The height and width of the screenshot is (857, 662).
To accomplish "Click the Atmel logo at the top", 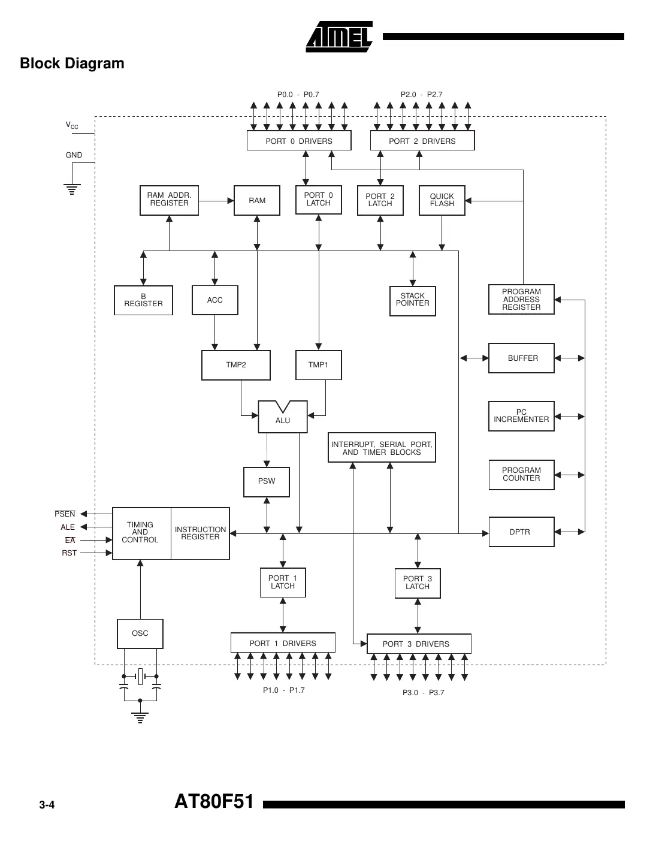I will coord(339,37).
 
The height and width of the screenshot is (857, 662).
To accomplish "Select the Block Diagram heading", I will coord(72,64).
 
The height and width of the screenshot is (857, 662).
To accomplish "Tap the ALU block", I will coord(283,418).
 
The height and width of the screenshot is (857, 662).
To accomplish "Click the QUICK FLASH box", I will coord(442,200).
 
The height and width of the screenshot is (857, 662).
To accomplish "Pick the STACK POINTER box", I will coord(412,300).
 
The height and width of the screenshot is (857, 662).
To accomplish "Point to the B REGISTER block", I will coord(143,300).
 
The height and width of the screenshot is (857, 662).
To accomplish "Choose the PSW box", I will coord(267,481).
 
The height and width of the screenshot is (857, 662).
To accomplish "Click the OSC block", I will coord(140,633).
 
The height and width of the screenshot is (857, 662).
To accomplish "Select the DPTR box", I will coord(521,532).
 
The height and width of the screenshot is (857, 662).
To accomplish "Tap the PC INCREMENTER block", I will coord(521,416).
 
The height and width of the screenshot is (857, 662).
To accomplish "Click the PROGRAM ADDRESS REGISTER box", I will coord(521,300).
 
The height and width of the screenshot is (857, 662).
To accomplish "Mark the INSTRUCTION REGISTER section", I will coord(200,533).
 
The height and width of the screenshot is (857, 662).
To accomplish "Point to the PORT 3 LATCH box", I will coord(418,583).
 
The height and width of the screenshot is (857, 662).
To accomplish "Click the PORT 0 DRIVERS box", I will coord(299,141).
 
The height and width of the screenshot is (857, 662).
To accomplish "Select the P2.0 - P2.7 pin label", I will coord(422,95).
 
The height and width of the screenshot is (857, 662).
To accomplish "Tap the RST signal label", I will coord(69,553).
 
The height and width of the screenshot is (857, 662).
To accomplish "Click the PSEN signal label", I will coord(65,514).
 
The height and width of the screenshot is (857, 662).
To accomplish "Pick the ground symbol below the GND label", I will coord(72,190).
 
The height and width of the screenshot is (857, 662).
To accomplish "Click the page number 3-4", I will coord(47,805).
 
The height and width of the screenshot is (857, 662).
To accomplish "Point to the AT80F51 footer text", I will coord(214,802).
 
